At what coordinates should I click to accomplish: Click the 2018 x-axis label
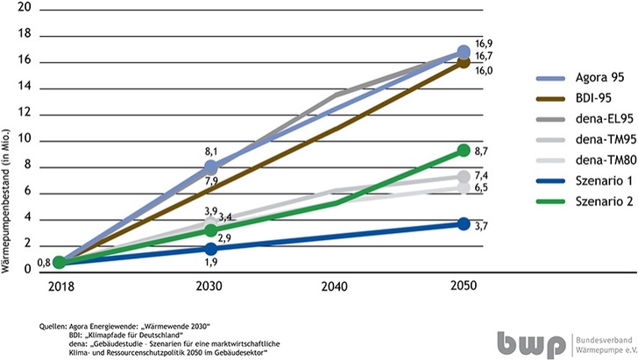pos(58,287)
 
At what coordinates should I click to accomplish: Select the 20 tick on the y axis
pos(25,7)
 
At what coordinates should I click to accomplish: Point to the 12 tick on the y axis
pos(25,113)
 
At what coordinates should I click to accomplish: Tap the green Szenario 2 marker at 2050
pos(464,151)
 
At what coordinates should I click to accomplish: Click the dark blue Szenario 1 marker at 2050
pos(464,224)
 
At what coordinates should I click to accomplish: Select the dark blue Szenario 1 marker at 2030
pos(211,249)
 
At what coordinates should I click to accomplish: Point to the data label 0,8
pos(42,261)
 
